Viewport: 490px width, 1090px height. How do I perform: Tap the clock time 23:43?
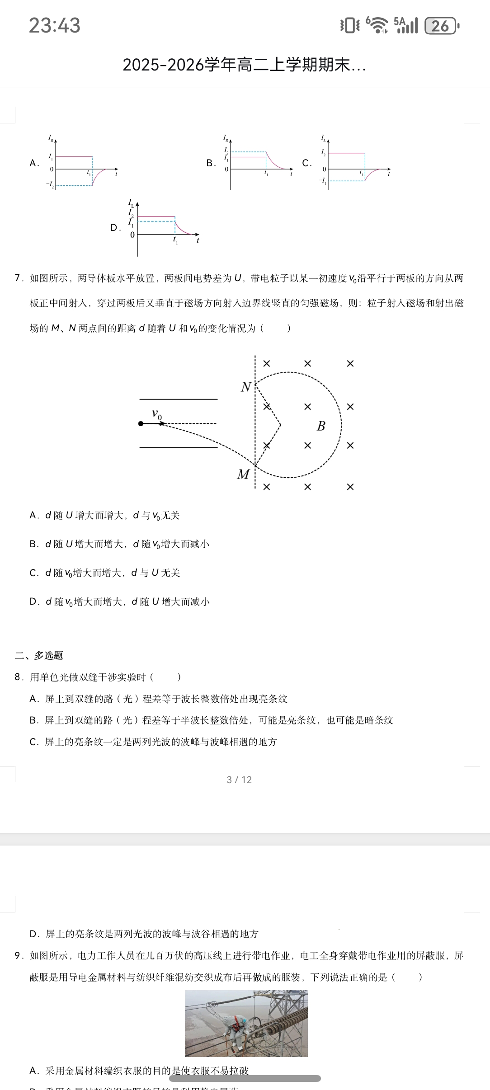(x=55, y=25)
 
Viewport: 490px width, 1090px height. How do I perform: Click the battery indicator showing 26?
(x=442, y=26)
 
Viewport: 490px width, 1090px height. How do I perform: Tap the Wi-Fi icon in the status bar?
(x=377, y=25)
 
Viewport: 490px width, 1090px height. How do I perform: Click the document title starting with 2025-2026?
(x=244, y=65)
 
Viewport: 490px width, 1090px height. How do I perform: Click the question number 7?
(x=19, y=278)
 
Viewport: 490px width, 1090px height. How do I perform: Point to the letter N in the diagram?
(x=246, y=387)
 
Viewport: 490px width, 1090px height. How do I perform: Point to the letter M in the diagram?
(x=243, y=474)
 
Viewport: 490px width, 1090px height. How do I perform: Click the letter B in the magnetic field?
(x=321, y=426)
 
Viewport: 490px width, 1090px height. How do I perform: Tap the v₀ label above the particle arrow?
(x=156, y=414)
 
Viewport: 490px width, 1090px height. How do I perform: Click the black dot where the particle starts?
(x=141, y=423)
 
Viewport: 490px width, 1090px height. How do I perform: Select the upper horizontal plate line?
(x=179, y=399)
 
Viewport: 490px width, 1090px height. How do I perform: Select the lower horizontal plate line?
(x=179, y=447)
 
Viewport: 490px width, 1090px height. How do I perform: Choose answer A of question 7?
(x=105, y=516)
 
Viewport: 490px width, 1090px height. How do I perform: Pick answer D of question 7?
(x=120, y=602)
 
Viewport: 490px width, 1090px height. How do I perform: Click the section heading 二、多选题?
(x=39, y=655)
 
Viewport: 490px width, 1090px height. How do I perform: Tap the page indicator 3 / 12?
(x=239, y=780)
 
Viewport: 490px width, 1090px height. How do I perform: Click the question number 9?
(x=19, y=955)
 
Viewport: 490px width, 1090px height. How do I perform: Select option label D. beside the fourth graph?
(x=116, y=228)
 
